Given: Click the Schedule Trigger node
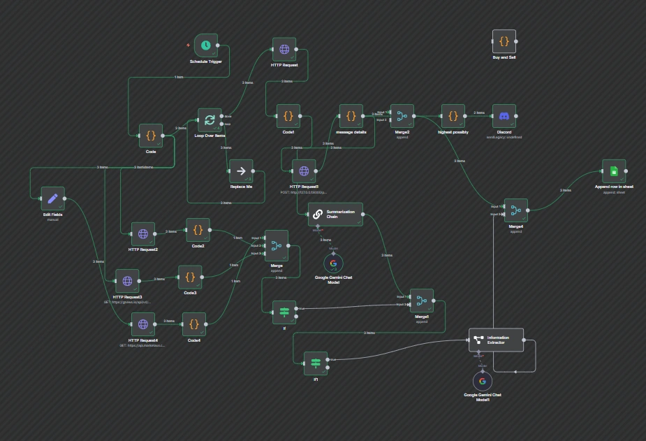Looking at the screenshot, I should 206,45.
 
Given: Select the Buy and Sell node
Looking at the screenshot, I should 504,41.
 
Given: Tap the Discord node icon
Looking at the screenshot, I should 504,117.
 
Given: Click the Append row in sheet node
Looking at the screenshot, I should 614,171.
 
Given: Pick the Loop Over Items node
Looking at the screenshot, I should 210,120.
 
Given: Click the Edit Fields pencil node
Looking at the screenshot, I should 52,198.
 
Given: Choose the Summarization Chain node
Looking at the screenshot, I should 335,213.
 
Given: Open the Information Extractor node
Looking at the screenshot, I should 496,340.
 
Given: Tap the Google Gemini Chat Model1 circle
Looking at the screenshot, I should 483,382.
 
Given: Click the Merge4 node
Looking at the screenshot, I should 515,210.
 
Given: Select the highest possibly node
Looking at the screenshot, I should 453,117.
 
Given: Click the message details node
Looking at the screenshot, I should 351,116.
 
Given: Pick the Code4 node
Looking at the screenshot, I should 194,324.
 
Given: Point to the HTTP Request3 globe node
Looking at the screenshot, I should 127,281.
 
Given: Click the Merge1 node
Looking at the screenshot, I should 421,301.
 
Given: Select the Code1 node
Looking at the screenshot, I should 288,116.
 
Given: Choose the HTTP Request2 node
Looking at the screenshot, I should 143,234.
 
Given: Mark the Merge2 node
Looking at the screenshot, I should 402,117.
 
